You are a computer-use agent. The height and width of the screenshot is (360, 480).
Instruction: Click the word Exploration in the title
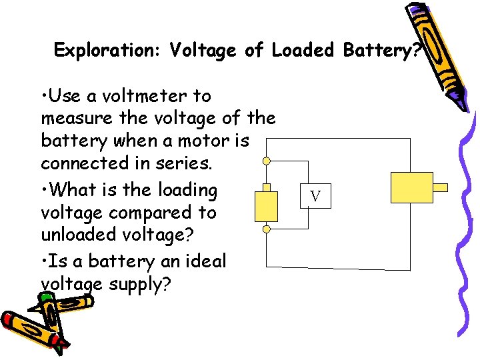(107, 51)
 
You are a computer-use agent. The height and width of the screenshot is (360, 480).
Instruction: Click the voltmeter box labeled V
(315, 197)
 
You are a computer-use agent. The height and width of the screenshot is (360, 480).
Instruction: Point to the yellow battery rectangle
(267, 206)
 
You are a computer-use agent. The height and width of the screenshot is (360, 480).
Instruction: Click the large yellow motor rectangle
(411, 187)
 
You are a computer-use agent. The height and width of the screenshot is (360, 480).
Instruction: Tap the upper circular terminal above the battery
(267, 161)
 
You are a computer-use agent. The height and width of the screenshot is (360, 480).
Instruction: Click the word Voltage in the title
(204, 51)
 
